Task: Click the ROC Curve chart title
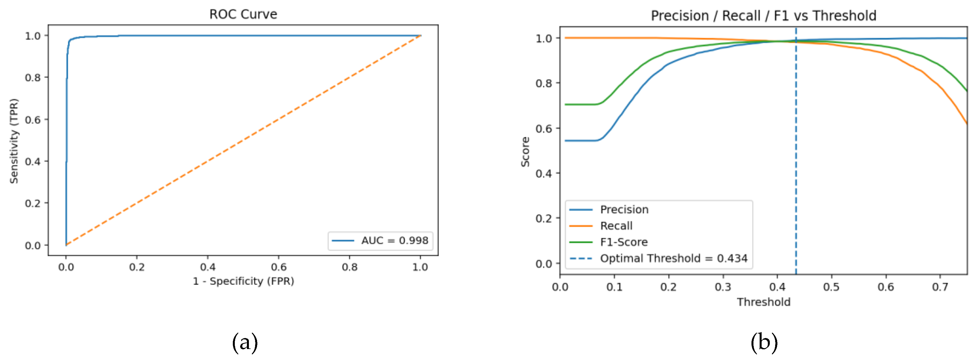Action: coord(243,14)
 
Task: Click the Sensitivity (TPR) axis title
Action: coord(14,141)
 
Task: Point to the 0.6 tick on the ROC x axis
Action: coord(278,267)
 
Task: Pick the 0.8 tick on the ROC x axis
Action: coord(349,267)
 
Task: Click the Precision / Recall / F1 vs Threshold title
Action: coord(763,16)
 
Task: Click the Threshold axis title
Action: coord(763,302)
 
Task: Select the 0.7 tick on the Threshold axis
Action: coord(940,287)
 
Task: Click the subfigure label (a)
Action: coord(245,342)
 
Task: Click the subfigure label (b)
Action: coord(764,342)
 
